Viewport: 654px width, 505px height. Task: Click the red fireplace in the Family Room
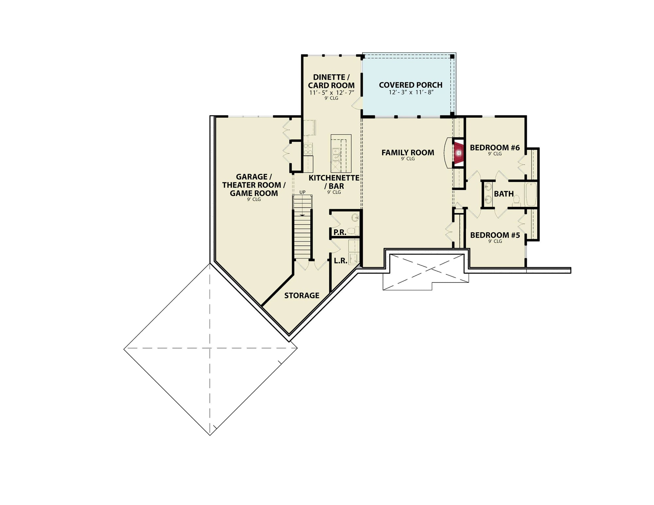(458, 153)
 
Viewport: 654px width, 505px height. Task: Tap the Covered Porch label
(410, 85)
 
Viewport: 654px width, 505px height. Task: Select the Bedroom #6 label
(495, 148)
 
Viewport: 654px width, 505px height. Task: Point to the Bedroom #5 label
(495, 235)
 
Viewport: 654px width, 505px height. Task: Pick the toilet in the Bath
(516, 199)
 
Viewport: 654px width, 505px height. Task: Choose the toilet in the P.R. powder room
(352, 231)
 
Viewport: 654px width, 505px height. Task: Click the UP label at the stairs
(302, 192)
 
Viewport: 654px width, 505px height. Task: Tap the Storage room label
(301, 295)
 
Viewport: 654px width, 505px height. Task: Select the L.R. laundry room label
(340, 261)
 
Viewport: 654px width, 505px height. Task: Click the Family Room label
(408, 153)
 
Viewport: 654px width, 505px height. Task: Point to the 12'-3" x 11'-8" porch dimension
(411, 93)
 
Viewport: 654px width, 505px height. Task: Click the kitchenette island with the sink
(341, 153)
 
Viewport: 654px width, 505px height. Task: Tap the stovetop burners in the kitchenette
(79, 149)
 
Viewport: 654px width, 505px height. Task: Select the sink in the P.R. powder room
(355, 217)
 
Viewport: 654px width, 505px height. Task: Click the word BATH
(504, 194)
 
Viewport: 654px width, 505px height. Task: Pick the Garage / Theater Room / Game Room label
(254, 185)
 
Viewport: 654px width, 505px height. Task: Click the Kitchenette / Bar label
(334, 182)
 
